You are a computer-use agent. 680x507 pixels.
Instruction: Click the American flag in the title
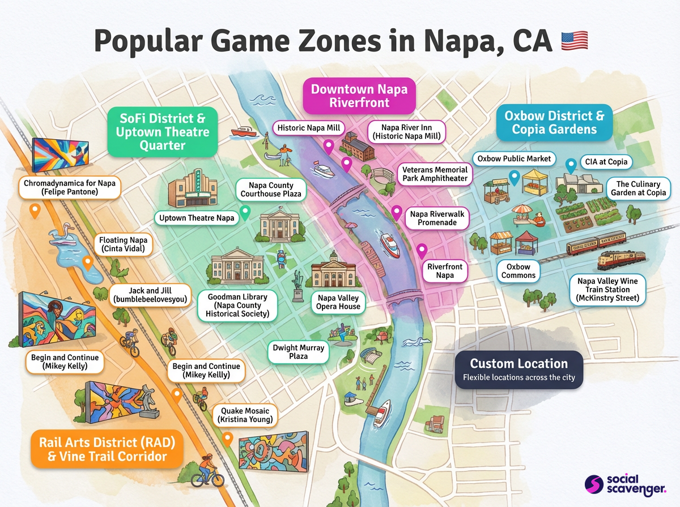point(574,41)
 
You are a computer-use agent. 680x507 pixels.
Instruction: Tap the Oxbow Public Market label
point(514,159)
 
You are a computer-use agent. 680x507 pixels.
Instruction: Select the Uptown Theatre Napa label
point(197,218)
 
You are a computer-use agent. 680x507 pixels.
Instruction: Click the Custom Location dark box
point(518,369)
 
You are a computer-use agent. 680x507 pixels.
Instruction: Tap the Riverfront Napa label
point(445,271)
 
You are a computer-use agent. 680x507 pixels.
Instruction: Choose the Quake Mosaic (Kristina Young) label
point(245,415)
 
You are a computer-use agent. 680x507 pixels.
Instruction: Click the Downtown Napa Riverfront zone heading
point(359,96)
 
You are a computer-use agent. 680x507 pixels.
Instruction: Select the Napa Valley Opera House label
point(339,302)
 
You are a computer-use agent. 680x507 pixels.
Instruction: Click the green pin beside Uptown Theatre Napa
point(245,212)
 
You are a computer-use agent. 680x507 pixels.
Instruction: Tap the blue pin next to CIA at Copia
point(571,165)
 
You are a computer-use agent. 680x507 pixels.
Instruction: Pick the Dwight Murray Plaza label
point(298,352)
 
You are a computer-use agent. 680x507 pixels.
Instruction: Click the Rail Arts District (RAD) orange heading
point(107,449)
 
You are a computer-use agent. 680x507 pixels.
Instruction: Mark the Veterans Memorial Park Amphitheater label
point(435,174)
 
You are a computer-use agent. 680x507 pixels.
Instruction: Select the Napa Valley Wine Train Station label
point(607,290)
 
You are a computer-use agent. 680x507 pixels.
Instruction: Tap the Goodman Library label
point(233,305)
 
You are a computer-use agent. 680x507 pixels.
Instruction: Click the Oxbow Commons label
point(518,271)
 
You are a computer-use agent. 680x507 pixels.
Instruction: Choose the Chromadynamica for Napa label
point(69,187)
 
